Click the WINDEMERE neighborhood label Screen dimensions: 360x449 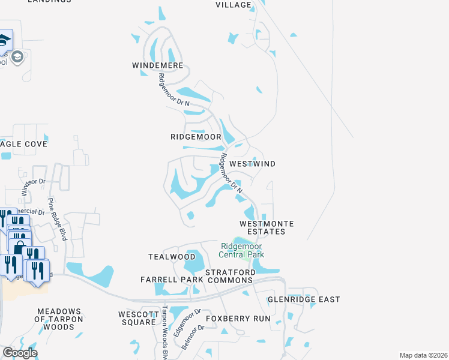158,64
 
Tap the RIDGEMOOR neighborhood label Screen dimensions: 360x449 196,137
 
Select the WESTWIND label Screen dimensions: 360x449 253,163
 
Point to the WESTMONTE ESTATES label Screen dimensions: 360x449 267,227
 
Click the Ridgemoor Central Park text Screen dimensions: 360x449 242,250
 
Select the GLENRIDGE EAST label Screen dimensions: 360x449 304,299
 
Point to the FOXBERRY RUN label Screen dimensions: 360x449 238,318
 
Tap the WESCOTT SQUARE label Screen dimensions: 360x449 137,318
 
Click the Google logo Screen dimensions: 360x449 20,353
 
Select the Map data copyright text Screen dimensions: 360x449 423,355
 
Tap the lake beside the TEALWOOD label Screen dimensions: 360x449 193,262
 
